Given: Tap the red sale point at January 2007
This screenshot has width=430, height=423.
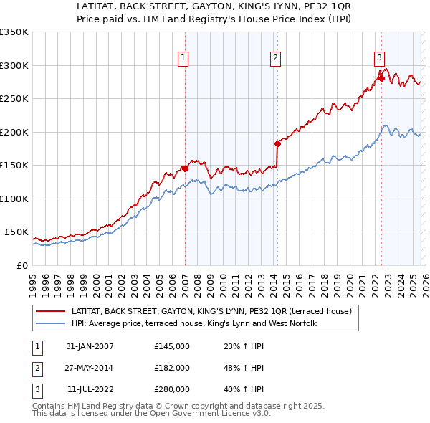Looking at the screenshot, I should pos(185,168).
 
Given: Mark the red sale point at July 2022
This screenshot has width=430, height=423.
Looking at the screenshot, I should pos(381,79).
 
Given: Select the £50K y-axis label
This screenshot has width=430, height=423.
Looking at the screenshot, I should pos(16,232).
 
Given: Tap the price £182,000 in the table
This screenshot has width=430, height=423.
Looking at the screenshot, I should pos(171,368).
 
